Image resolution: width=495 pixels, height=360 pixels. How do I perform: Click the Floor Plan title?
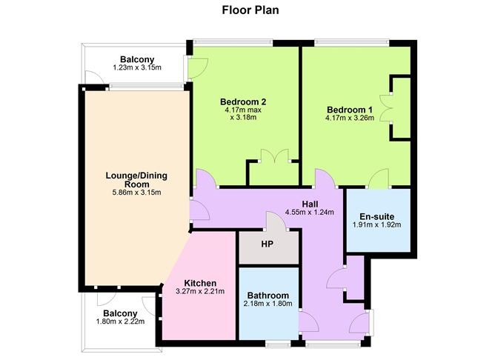pos(250,10)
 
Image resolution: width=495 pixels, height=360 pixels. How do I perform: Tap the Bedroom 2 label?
pos(243,102)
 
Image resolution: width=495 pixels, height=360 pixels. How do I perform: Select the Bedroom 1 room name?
pos(350,110)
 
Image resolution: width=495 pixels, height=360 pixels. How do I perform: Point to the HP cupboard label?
pos(267,244)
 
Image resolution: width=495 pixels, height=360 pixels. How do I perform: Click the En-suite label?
pos(377,217)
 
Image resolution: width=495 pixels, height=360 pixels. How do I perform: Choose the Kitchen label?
pos(200,283)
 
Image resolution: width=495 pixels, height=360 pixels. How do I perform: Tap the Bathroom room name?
pos(268,296)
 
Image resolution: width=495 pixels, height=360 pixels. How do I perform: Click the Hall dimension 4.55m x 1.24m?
pos(310,213)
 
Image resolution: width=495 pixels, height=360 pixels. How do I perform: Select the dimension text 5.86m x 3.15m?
pos(136,193)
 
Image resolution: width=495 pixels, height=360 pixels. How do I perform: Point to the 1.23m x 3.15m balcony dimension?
pos(137,67)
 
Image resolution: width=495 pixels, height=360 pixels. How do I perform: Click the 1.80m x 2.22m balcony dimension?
pos(120,321)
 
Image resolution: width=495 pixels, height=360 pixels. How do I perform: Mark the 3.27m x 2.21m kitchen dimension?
pos(200,291)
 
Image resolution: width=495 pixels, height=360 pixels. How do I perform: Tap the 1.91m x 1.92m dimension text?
pos(377,225)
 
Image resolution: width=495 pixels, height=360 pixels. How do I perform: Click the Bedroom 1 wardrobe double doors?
pos(386,107)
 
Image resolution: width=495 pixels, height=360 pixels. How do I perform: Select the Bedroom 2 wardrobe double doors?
pos(275,156)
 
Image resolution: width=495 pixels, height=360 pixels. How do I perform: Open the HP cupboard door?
pos(276,221)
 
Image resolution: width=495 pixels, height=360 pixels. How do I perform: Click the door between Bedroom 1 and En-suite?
pos(379,179)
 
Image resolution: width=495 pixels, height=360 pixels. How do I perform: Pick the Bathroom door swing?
pos(309,321)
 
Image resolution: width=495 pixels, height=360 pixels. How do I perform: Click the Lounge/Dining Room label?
pos(136,180)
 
